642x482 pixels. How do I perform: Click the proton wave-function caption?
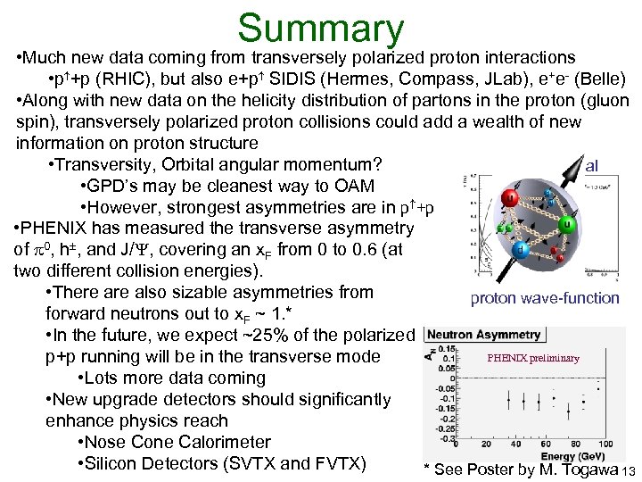pyautogui.click(x=544, y=298)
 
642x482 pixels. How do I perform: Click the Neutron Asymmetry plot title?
pyautogui.click(x=484, y=335)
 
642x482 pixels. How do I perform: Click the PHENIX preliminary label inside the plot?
pyautogui.click(x=532, y=358)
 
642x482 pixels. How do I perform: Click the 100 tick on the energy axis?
pyautogui.click(x=606, y=443)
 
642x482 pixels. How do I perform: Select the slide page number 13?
pyautogui.click(x=630, y=471)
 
